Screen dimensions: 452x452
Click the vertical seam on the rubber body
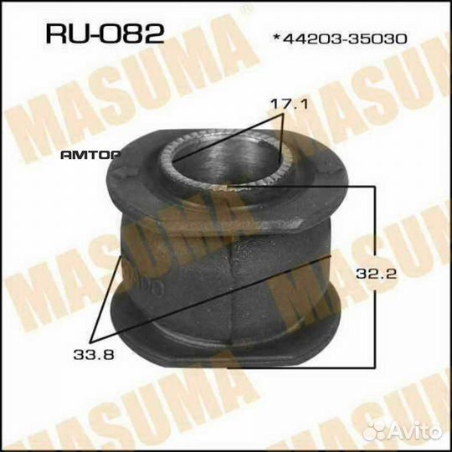click(x=232, y=285)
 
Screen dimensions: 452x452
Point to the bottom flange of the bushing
click(x=226, y=343)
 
